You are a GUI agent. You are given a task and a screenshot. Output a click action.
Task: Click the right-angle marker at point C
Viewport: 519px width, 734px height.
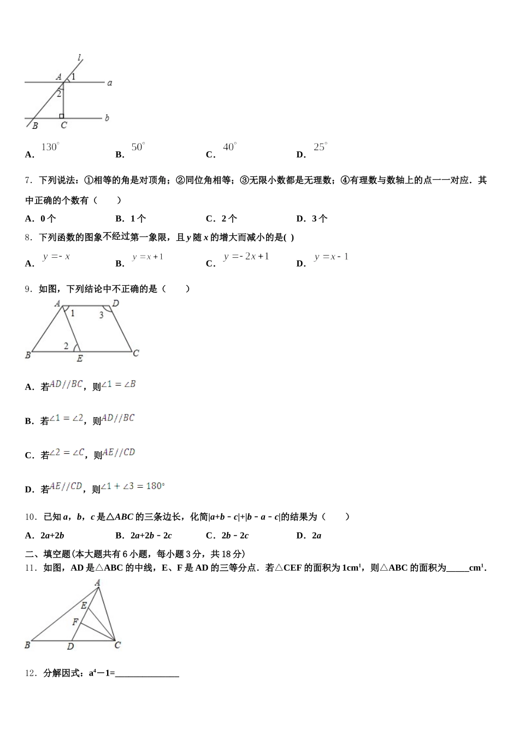point(62,116)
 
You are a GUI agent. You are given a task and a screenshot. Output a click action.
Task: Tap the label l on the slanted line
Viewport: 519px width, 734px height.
point(80,57)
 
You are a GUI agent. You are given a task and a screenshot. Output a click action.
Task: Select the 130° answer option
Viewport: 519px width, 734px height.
point(50,147)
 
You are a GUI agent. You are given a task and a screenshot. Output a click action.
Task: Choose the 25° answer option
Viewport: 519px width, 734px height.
point(320,147)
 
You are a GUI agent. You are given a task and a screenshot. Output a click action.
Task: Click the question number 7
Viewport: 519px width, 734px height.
point(28,180)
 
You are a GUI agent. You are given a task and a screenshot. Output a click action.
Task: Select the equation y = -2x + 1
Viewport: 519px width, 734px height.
point(246,257)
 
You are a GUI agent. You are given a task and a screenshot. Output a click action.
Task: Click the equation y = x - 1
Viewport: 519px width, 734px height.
point(331,257)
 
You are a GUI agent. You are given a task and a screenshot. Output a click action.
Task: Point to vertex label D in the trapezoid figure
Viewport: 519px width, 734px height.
point(116,304)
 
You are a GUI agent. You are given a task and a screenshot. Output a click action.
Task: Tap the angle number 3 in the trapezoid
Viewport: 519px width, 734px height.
point(101,315)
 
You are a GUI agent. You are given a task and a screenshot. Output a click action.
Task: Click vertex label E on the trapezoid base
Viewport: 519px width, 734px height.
point(80,359)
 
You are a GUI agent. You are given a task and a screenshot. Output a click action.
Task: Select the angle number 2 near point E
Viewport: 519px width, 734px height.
point(66,346)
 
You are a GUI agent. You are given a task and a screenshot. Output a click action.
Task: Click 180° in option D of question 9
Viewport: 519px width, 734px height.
point(155,486)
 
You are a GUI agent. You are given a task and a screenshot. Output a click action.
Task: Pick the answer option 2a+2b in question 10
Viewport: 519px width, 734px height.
point(52,535)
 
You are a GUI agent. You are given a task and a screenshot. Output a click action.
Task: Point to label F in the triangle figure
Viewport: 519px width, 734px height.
point(75,621)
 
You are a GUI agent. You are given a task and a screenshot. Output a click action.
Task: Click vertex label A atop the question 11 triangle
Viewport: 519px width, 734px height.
point(97,583)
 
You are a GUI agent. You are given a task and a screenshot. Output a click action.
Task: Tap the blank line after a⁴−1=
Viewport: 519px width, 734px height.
point(147,674)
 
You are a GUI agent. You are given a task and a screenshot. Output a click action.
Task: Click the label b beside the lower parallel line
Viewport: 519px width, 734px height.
point(107,117)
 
